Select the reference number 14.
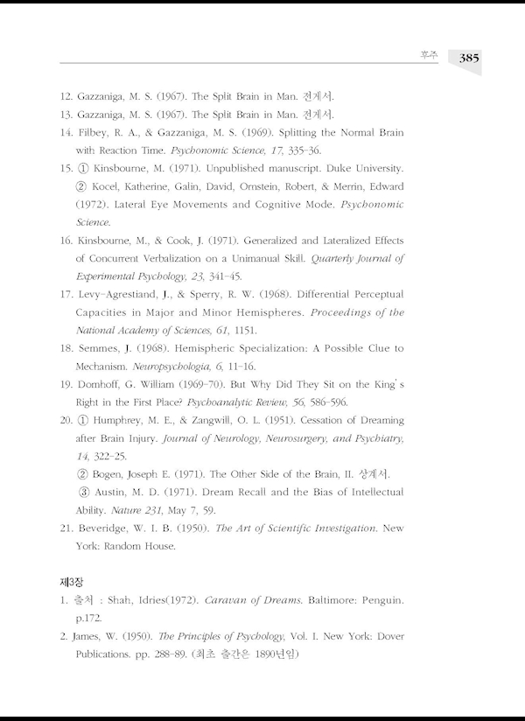(66, 133)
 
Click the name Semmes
(99, 348)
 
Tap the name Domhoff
(103, 384)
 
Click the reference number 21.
(66, 528)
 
